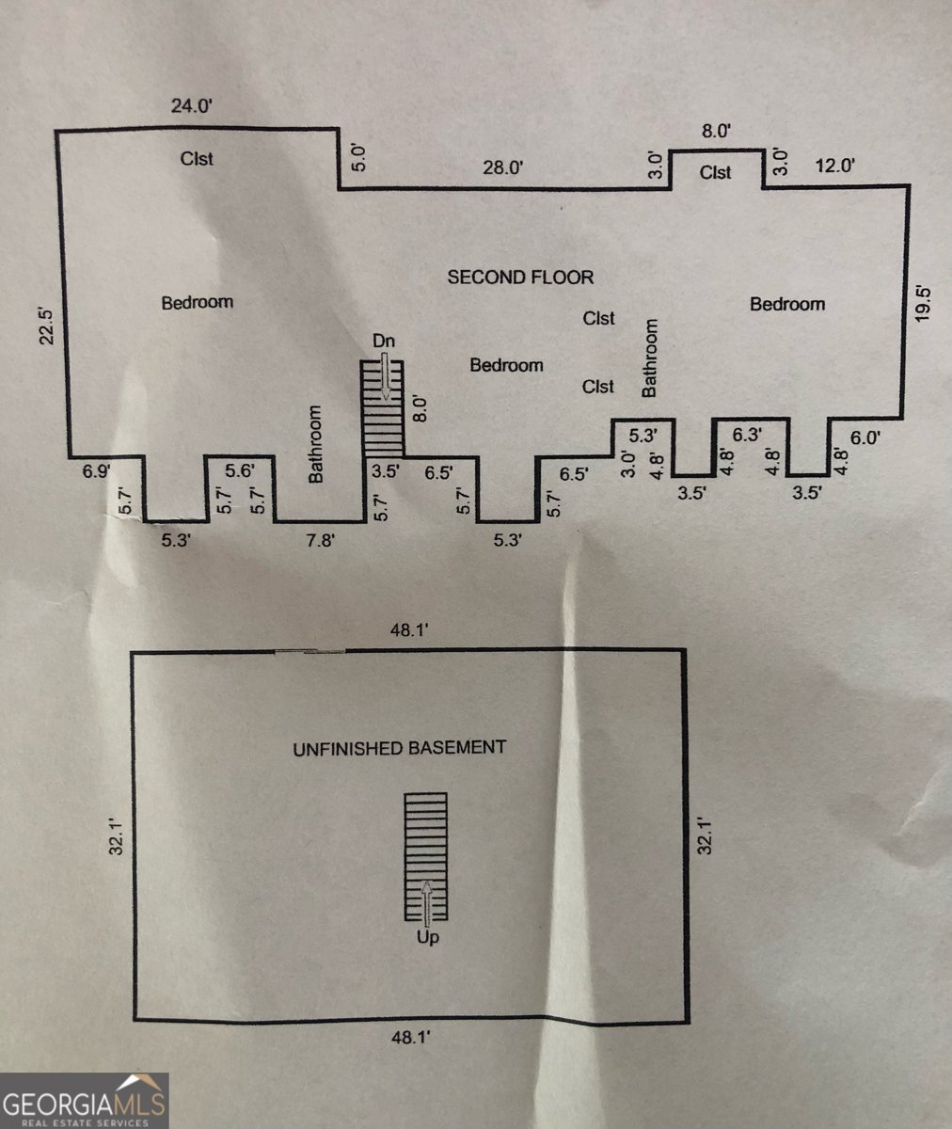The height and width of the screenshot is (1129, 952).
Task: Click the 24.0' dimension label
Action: [x=193, y=105]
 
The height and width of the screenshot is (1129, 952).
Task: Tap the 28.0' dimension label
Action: [x=502, y=167]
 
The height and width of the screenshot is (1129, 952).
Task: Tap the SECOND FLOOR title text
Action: [x=520, y=277]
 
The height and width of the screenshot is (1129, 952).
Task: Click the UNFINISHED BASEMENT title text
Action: [x=399, y=749]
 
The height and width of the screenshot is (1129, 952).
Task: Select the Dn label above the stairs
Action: [x=383, y=341]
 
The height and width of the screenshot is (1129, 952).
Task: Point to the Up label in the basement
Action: [x=427, y=937]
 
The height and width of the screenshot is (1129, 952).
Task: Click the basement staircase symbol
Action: [x=425, y=855]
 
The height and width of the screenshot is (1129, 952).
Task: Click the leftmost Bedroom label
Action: [x=197, y=302]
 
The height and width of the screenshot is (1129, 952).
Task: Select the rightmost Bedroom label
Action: [x=787, y=303]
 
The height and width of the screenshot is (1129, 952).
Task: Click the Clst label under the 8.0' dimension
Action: [x=716, y=172]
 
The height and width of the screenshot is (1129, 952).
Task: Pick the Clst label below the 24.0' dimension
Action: [x=197, y=158]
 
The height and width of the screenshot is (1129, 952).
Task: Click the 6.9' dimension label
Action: [x=97, y=470]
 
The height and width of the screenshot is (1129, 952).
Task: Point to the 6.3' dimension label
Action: [x=747, y=435]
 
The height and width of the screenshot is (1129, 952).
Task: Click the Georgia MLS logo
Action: [x=85, y=1101]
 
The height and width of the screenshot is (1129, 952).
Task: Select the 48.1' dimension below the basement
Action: [x=410, y=1038]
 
